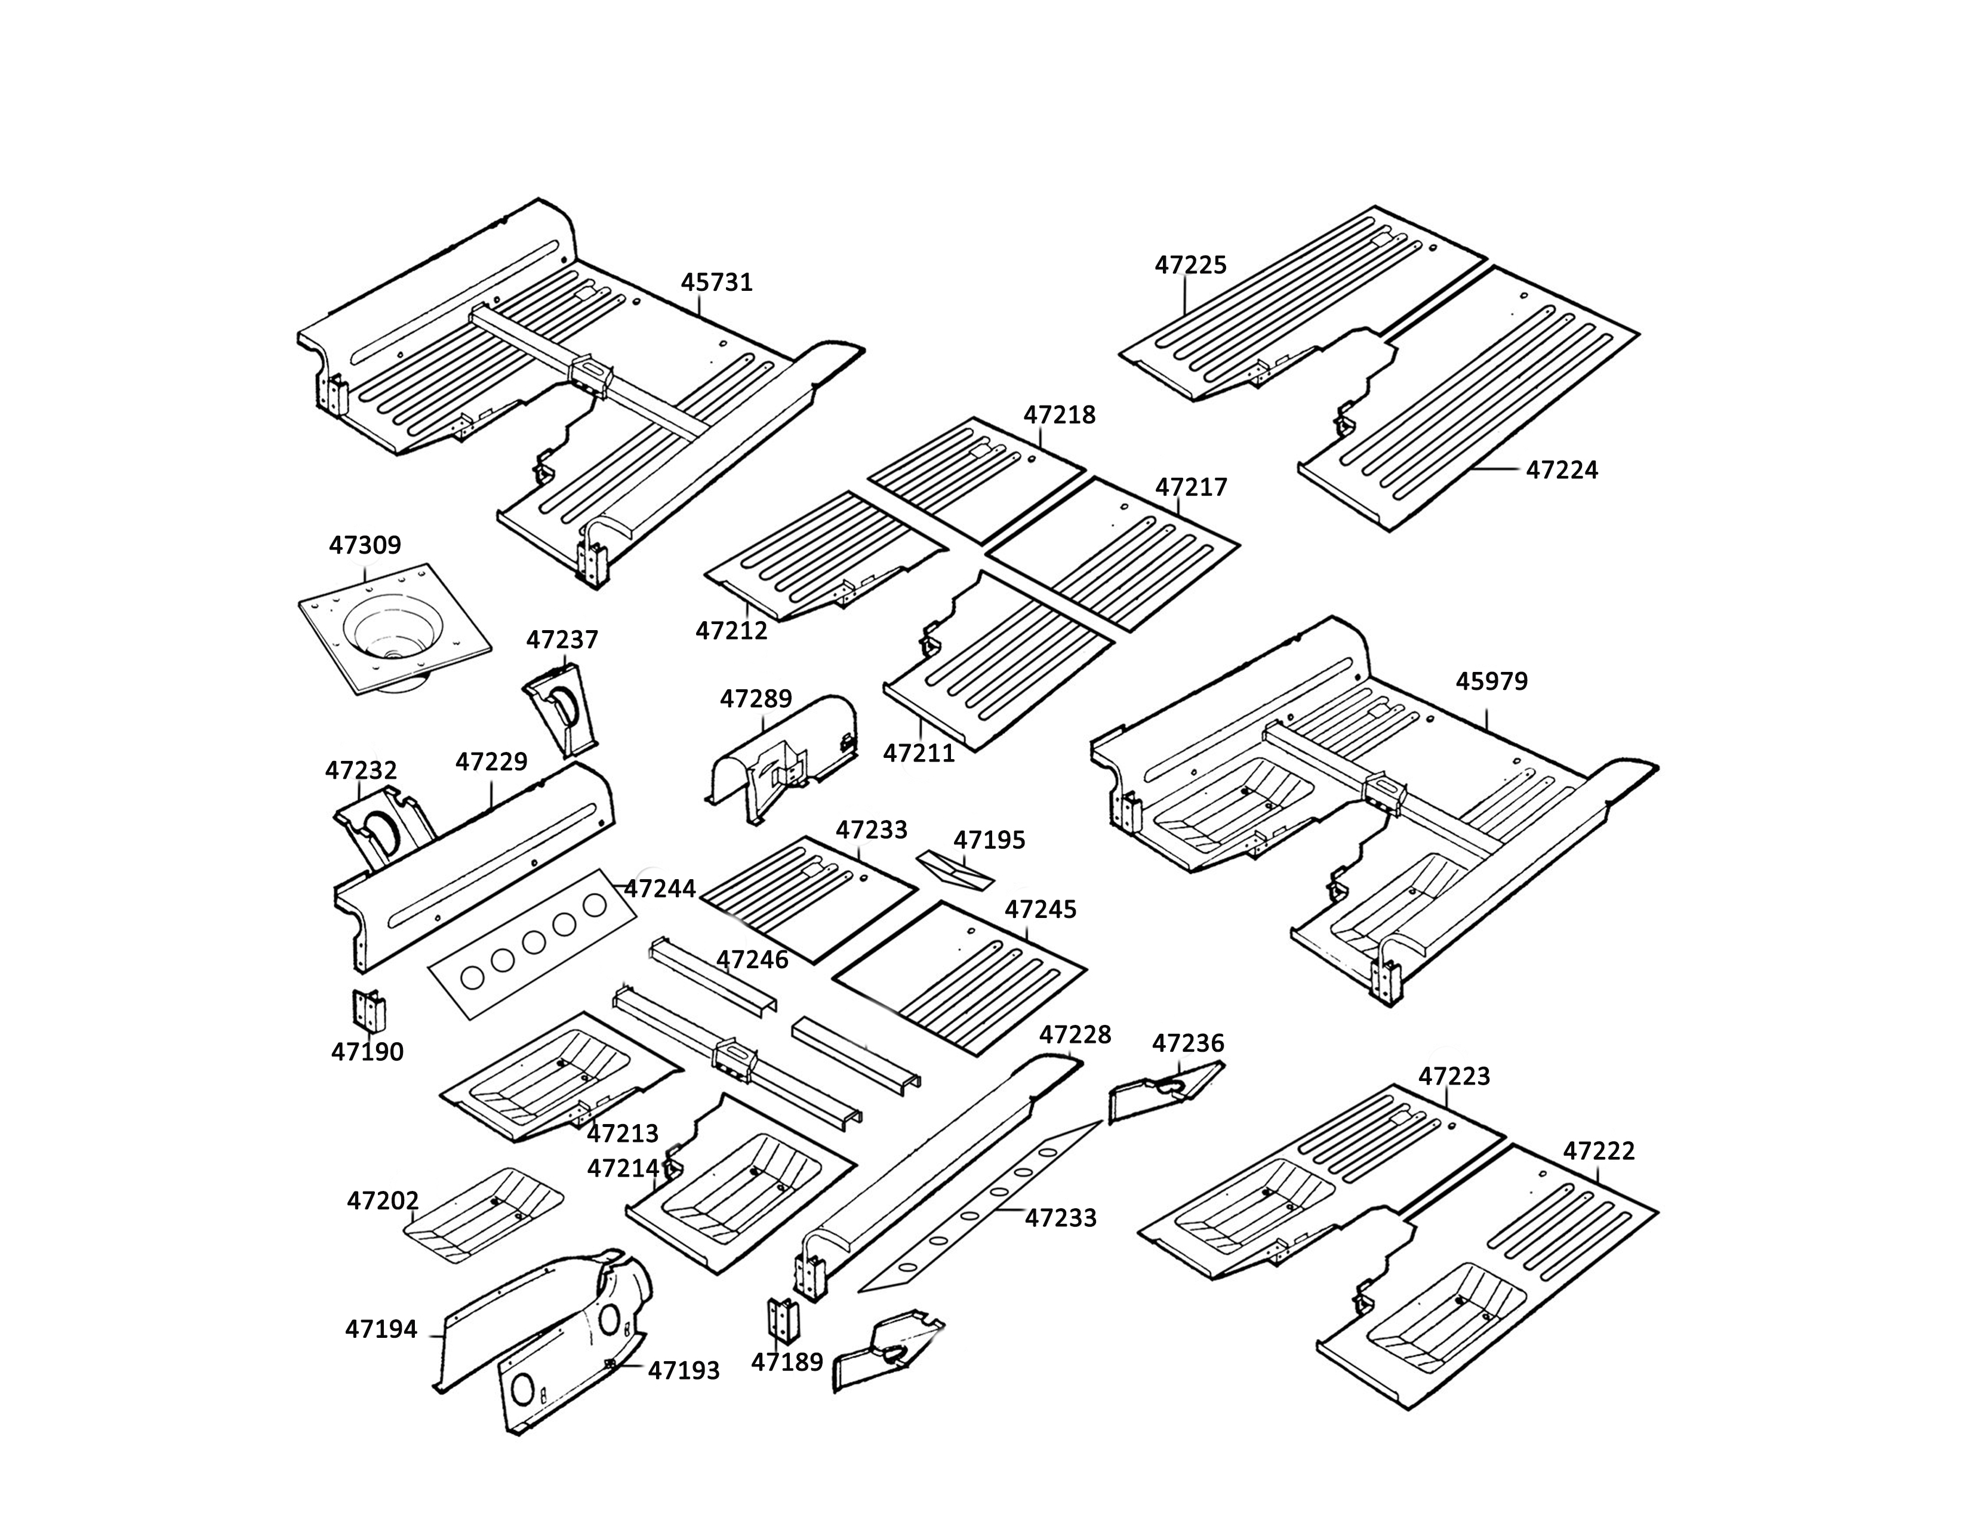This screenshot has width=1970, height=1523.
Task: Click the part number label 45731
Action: pos(716,283)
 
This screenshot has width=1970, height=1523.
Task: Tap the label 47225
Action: pos(1191,265)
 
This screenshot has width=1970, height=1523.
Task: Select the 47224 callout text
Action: pos(1562,470)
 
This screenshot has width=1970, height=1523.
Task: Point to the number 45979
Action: pos(1492,681)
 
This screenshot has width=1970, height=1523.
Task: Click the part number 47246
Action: pos(752,960)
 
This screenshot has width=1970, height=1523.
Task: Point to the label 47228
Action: pos(1075,1034)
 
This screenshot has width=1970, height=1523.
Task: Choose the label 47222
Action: pos(1598,1152)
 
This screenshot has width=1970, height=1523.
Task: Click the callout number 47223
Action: pos(1454,1076)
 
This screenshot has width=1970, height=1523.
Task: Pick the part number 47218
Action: pos(1059,415)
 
